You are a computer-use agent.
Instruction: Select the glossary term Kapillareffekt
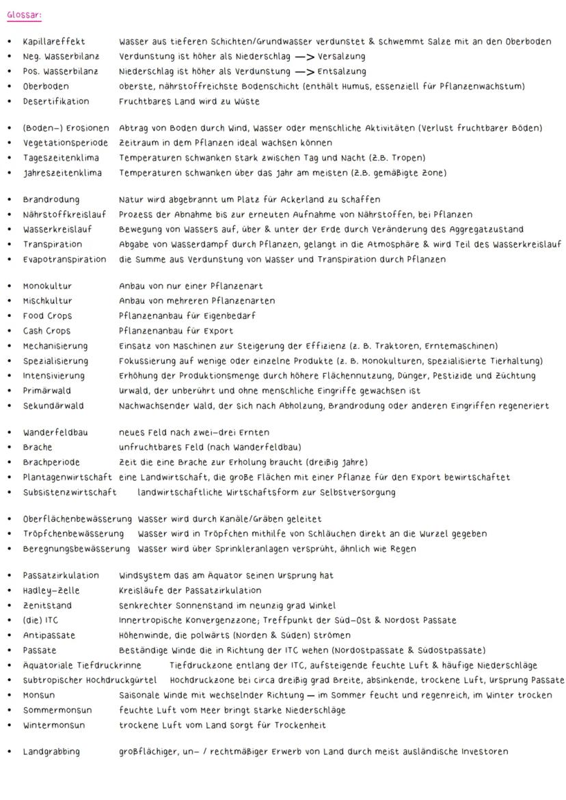(53, 42)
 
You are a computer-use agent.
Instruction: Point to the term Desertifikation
(55, 101)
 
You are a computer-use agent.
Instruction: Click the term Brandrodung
(51, 200)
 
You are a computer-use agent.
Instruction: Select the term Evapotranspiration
(64, 260)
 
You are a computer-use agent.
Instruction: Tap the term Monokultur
(47, 286)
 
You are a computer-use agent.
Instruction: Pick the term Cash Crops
(46, 331)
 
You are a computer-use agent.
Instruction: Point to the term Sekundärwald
(53, 406)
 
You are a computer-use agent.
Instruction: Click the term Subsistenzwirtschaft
(69, 492)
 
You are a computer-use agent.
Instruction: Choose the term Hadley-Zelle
(51, 590)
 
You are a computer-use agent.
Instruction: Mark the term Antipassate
(49, 635)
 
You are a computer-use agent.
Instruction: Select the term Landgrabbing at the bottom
(51, 752)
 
